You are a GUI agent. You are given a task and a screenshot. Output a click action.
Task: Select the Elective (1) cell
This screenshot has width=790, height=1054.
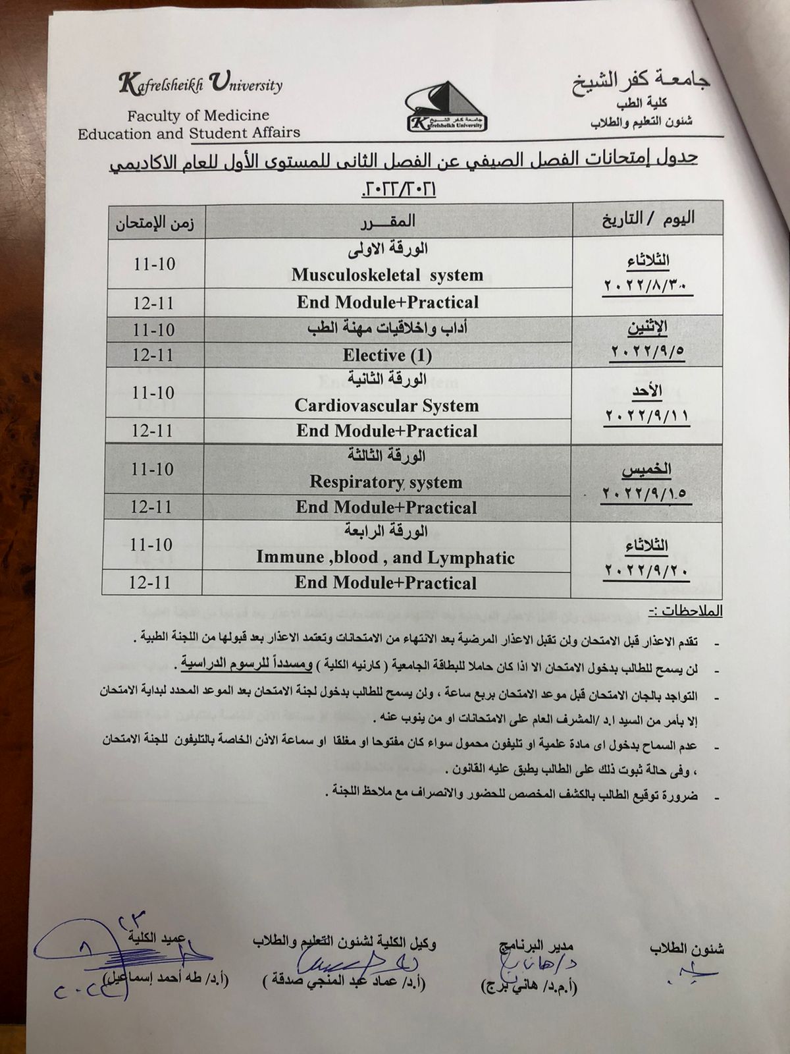tap(387, 356)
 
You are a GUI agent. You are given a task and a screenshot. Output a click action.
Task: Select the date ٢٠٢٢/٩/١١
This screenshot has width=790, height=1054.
tap(645, 416)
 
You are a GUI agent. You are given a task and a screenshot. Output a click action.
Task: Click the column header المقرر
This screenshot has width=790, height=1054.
tap(388, 220)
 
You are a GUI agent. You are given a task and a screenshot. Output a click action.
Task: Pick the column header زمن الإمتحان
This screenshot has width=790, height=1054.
tap(155, 223)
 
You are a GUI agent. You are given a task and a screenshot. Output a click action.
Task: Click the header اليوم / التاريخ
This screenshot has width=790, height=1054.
tap(649, 218)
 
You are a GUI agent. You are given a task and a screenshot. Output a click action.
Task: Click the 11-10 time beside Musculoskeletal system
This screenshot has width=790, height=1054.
tap(154, 264)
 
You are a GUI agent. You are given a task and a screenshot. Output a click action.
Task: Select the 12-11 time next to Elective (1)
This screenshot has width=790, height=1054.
tap(153, 355)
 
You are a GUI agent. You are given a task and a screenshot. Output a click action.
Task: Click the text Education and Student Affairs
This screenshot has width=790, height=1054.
tap(189, 133)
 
